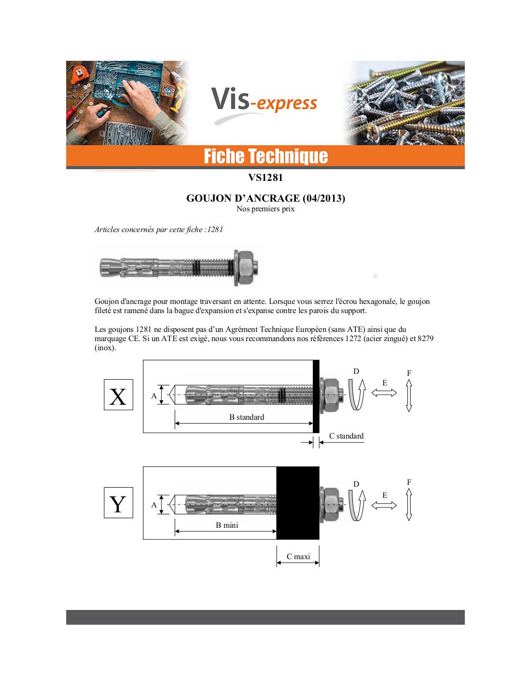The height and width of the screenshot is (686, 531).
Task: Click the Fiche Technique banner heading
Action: (265, 156)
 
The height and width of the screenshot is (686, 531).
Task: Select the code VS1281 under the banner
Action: (265, 178)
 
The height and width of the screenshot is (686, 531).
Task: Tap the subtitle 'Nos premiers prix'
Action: (265, 209)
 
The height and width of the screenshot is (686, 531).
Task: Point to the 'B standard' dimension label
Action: (247, 417)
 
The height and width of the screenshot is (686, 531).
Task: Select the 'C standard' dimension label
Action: (346, 436)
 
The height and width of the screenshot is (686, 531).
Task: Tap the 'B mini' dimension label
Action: (227, 525)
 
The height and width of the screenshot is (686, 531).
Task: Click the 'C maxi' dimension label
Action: (298, 557)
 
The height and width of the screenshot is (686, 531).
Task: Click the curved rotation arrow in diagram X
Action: (357, 394)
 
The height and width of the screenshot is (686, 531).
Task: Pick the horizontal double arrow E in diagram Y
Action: (384, 506)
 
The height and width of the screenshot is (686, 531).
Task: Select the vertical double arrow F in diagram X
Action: (409, 396)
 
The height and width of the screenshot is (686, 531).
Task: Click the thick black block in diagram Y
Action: (298, 503)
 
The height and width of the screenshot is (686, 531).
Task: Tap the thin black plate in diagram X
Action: (316, 397)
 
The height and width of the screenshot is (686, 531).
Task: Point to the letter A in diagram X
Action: (154, 396)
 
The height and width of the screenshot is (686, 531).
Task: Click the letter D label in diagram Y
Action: (356, 484)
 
